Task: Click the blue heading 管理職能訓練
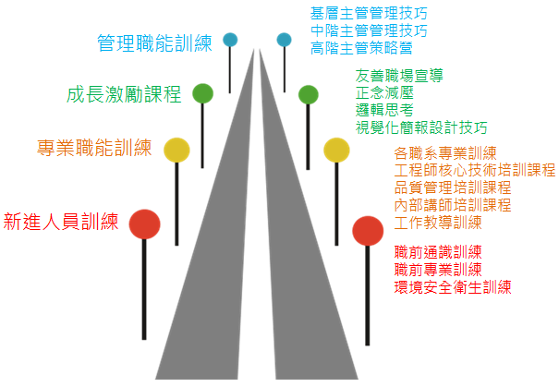click(154, 43)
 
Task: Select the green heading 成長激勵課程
click(124, 94)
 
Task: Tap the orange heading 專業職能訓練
click(94, 148)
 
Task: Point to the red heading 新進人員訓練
click(61, 222)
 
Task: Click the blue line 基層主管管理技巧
click(369, 14)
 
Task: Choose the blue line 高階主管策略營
click(361, 48)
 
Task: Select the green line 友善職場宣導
click(399, 76)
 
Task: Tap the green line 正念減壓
click(384, 92)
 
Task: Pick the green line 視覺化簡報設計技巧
click(421, 127)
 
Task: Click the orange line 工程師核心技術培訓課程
click(475, 170)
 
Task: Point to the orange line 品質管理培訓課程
click(453, 187)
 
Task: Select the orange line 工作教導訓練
click(438, 223)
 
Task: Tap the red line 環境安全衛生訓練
click(453, 287)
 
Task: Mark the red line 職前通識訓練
click(438, 252)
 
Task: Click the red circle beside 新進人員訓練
click(144, 224)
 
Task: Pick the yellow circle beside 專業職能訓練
click(176, 150)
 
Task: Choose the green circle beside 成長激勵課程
click(203, 93)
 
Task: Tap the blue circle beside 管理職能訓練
click(230, 40)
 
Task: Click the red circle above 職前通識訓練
click(368, 231)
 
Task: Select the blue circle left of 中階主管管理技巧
click(285, 40)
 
